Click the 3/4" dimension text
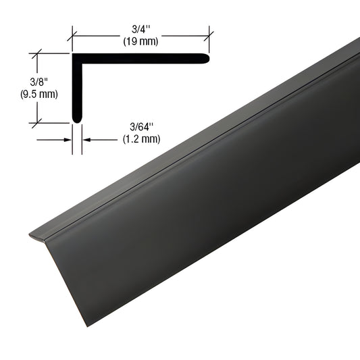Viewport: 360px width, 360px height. point(141,30)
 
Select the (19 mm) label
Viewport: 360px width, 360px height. point(141,41)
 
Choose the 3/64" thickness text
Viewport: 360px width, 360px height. point(136,126)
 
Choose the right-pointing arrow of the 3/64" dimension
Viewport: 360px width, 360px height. point(69,140)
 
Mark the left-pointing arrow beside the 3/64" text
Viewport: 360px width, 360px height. point(86,140)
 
